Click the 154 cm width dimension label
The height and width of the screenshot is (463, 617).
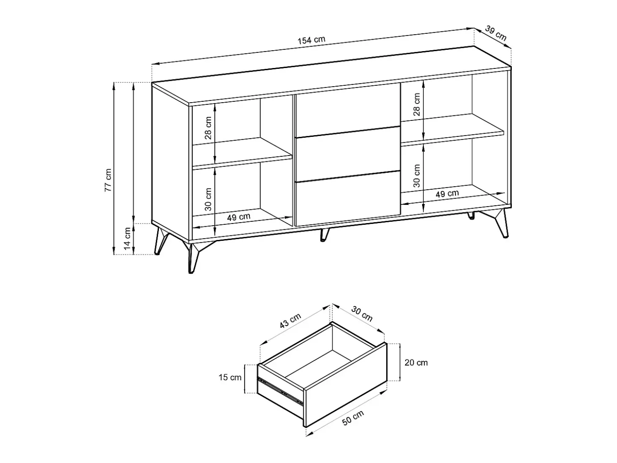(x=311, y=40)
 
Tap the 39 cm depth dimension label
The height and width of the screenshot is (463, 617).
(x=496, y=33)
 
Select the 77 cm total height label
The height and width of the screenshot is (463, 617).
(x=108, y=180)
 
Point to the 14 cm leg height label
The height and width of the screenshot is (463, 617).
(x=127, y=239)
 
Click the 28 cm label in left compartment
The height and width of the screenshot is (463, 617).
(x=208, y=128)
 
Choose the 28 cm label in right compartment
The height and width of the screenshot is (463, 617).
(x=417, y=104)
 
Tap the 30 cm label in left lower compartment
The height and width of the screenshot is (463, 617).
(x=208, y=199)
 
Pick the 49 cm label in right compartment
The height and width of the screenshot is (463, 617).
(x=447, y=193)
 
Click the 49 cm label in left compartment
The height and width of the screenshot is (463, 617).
(x=238, y=217)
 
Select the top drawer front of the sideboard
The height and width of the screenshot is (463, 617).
(x=347, y=110)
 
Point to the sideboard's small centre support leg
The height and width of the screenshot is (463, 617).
(x=324, y=234)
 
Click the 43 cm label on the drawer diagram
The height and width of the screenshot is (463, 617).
(x=290, y=321)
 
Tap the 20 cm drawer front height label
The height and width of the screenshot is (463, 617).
(x=416, y=363)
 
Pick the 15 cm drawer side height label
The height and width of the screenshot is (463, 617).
(x=230, y=377)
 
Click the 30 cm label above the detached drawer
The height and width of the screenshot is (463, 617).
(x=362, y=314)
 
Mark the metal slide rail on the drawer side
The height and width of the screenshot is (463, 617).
(x=280, y=389)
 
